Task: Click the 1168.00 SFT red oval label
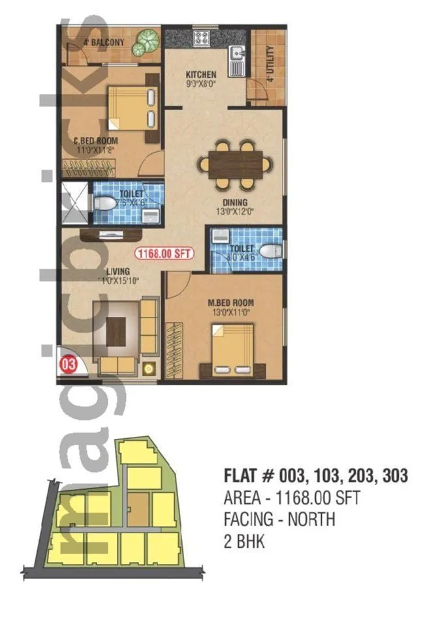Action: (164, 254)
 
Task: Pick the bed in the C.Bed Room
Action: (132, 108)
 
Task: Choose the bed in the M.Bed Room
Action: (231, 349)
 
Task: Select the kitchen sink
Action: (236, 59)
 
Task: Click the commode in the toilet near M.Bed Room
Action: (268, 252)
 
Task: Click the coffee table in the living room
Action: (119, 326)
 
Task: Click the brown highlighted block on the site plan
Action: (137, 506)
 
